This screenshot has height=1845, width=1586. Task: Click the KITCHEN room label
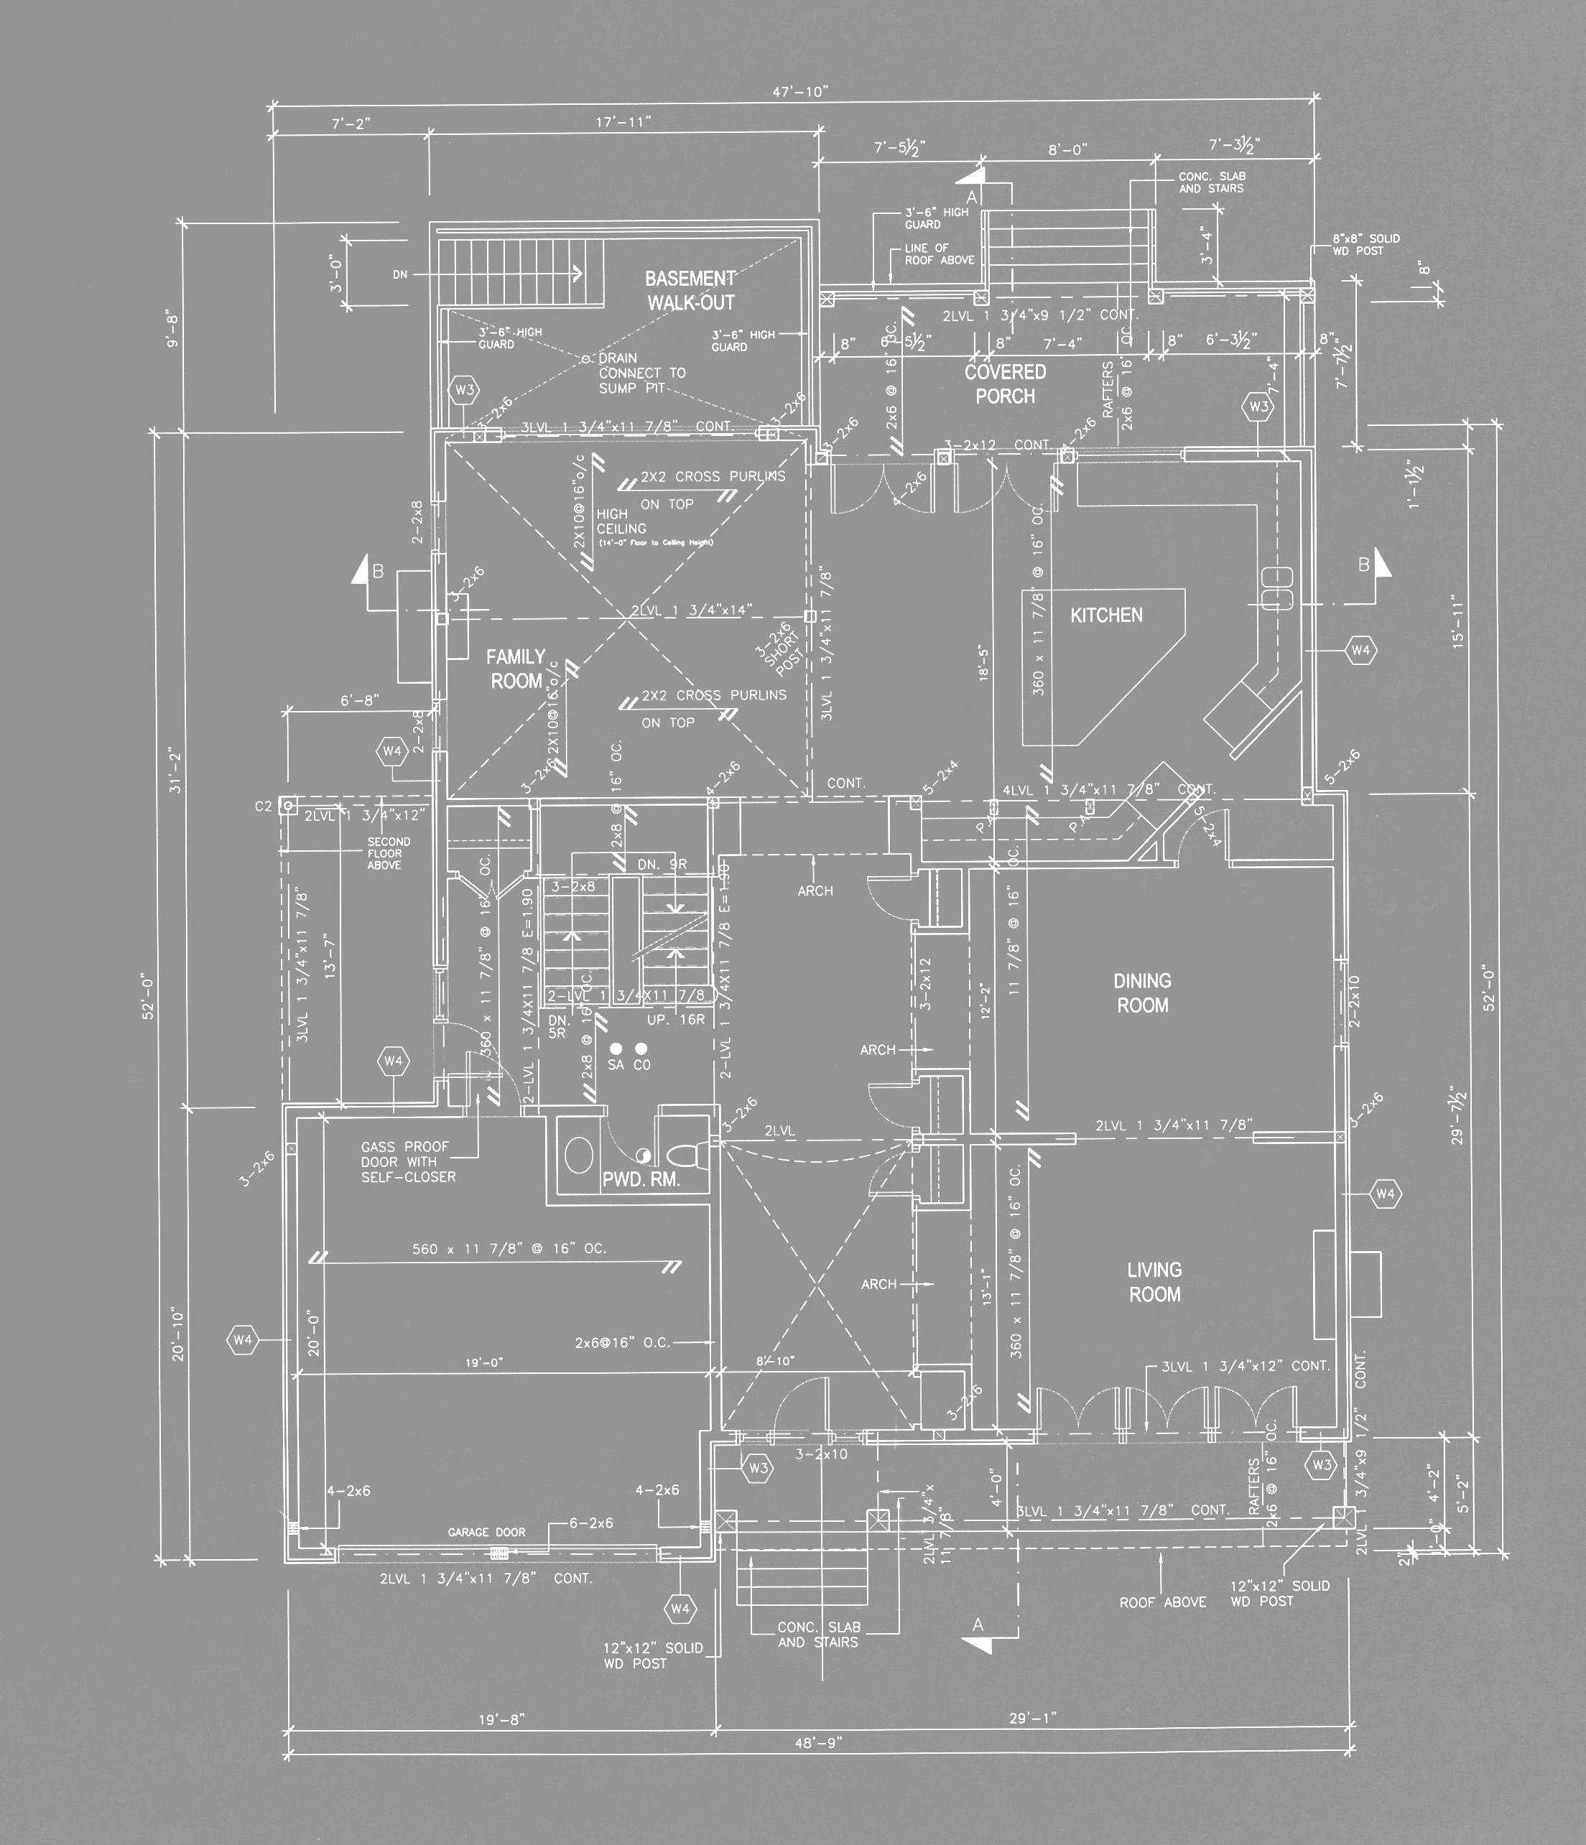point(1106,615)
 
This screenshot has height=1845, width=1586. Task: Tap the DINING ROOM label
point(1143,993)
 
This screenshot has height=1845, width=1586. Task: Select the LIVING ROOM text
point(1155,1282)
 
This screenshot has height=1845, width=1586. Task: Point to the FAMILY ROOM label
point(516,669)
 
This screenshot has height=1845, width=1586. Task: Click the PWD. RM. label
point(641,1181)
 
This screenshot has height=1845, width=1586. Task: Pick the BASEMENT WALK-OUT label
point(690,290)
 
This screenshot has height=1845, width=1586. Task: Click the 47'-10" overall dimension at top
point(799,92)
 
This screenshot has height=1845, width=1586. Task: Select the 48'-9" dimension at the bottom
point(817,1742)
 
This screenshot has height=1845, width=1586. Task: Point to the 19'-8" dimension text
point(501,1719)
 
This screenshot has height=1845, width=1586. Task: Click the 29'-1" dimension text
point(1032,1718)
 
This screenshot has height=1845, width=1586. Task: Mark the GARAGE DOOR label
point(486,1533)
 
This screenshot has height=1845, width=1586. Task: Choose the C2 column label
point(263,807)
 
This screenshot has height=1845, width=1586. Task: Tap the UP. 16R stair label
point(676,1020)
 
